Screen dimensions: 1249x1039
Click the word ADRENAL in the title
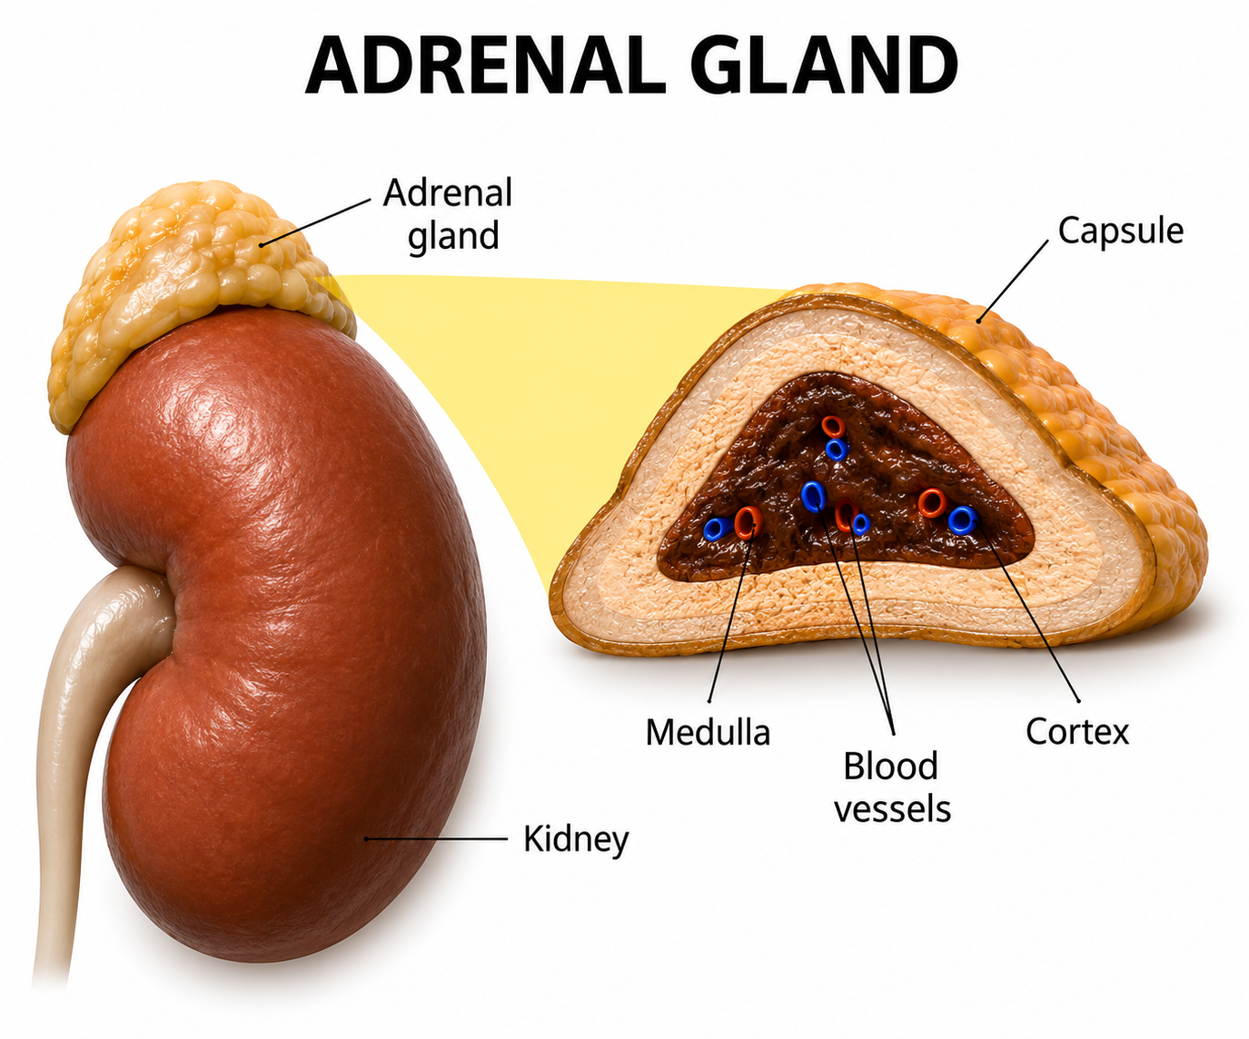pos(485,65)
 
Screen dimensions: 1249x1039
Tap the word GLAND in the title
pos(824,65)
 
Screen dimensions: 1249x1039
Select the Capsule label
pos(1120,232)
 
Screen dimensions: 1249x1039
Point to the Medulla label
pos(708,732)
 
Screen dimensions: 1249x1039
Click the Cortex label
pos(1077,731)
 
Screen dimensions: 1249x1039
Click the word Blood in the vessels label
pos(891,766)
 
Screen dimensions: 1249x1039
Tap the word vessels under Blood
pos(893,808)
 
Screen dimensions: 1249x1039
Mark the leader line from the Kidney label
pos(436,839)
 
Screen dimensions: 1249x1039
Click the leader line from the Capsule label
pos(1013,282)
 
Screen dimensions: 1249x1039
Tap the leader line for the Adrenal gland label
pos(315,223)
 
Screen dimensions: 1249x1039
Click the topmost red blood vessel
pos(833,427)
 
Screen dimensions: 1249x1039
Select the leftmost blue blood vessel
pos(718,529)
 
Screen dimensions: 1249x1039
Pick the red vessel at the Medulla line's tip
pos(748,522)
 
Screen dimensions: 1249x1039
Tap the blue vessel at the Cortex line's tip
pos(963,519)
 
